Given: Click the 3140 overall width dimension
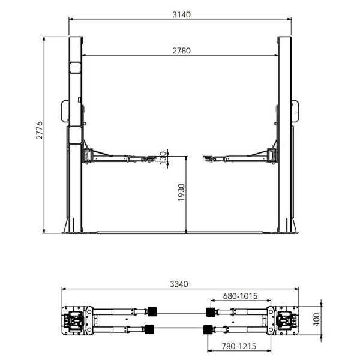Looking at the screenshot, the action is [181, 14].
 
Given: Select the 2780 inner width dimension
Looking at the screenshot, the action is [181, 50].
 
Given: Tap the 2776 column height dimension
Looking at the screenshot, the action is [40, 130].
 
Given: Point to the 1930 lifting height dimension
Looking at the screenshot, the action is [181, 192].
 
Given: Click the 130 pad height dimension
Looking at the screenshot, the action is [163, 158].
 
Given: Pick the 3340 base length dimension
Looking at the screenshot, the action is [179, 284].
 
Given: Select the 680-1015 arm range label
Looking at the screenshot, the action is [240, 296].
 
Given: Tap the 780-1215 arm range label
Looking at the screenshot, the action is [239, 346].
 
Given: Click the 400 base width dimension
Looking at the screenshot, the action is [317, 319].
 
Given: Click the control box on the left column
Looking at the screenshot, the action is [65, 112].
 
